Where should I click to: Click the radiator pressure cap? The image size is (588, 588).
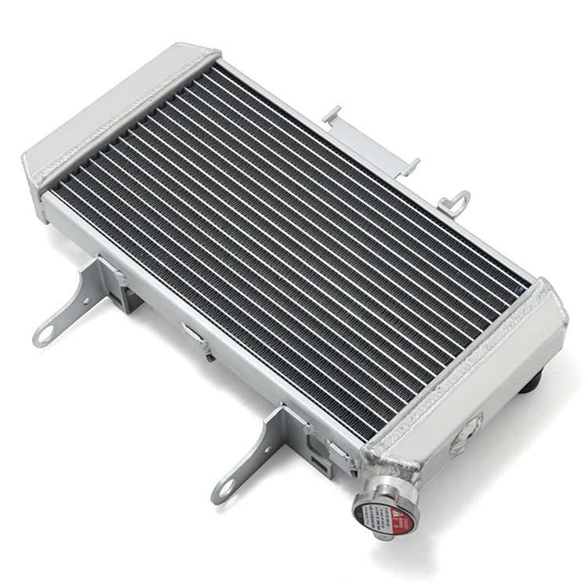385,508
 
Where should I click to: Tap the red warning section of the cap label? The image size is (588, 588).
399,514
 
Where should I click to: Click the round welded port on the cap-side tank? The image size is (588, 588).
468,432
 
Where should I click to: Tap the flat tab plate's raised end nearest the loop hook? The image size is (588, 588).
408,166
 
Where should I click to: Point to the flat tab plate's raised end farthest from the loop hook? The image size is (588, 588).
332,116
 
